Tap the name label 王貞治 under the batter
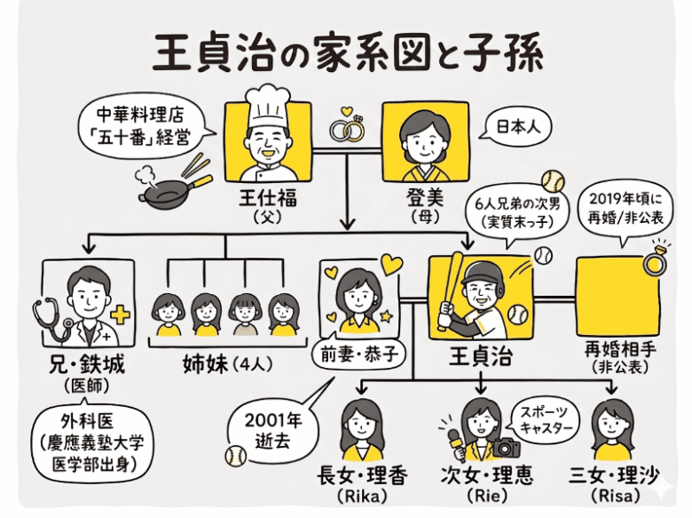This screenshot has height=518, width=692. click(479, 357)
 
